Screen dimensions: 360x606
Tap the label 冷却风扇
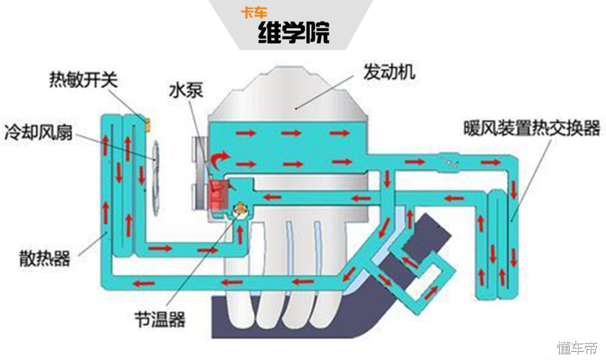(38, 132)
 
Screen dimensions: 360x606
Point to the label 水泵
(185, 90)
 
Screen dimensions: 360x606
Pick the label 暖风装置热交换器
(531, 128)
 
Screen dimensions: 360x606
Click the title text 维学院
(293, 33)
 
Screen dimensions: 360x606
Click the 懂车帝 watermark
(577, 348)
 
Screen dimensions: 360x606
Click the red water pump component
(217, 193)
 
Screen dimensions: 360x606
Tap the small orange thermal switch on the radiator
(148, 123)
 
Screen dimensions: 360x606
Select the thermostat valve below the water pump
(240, 210)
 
